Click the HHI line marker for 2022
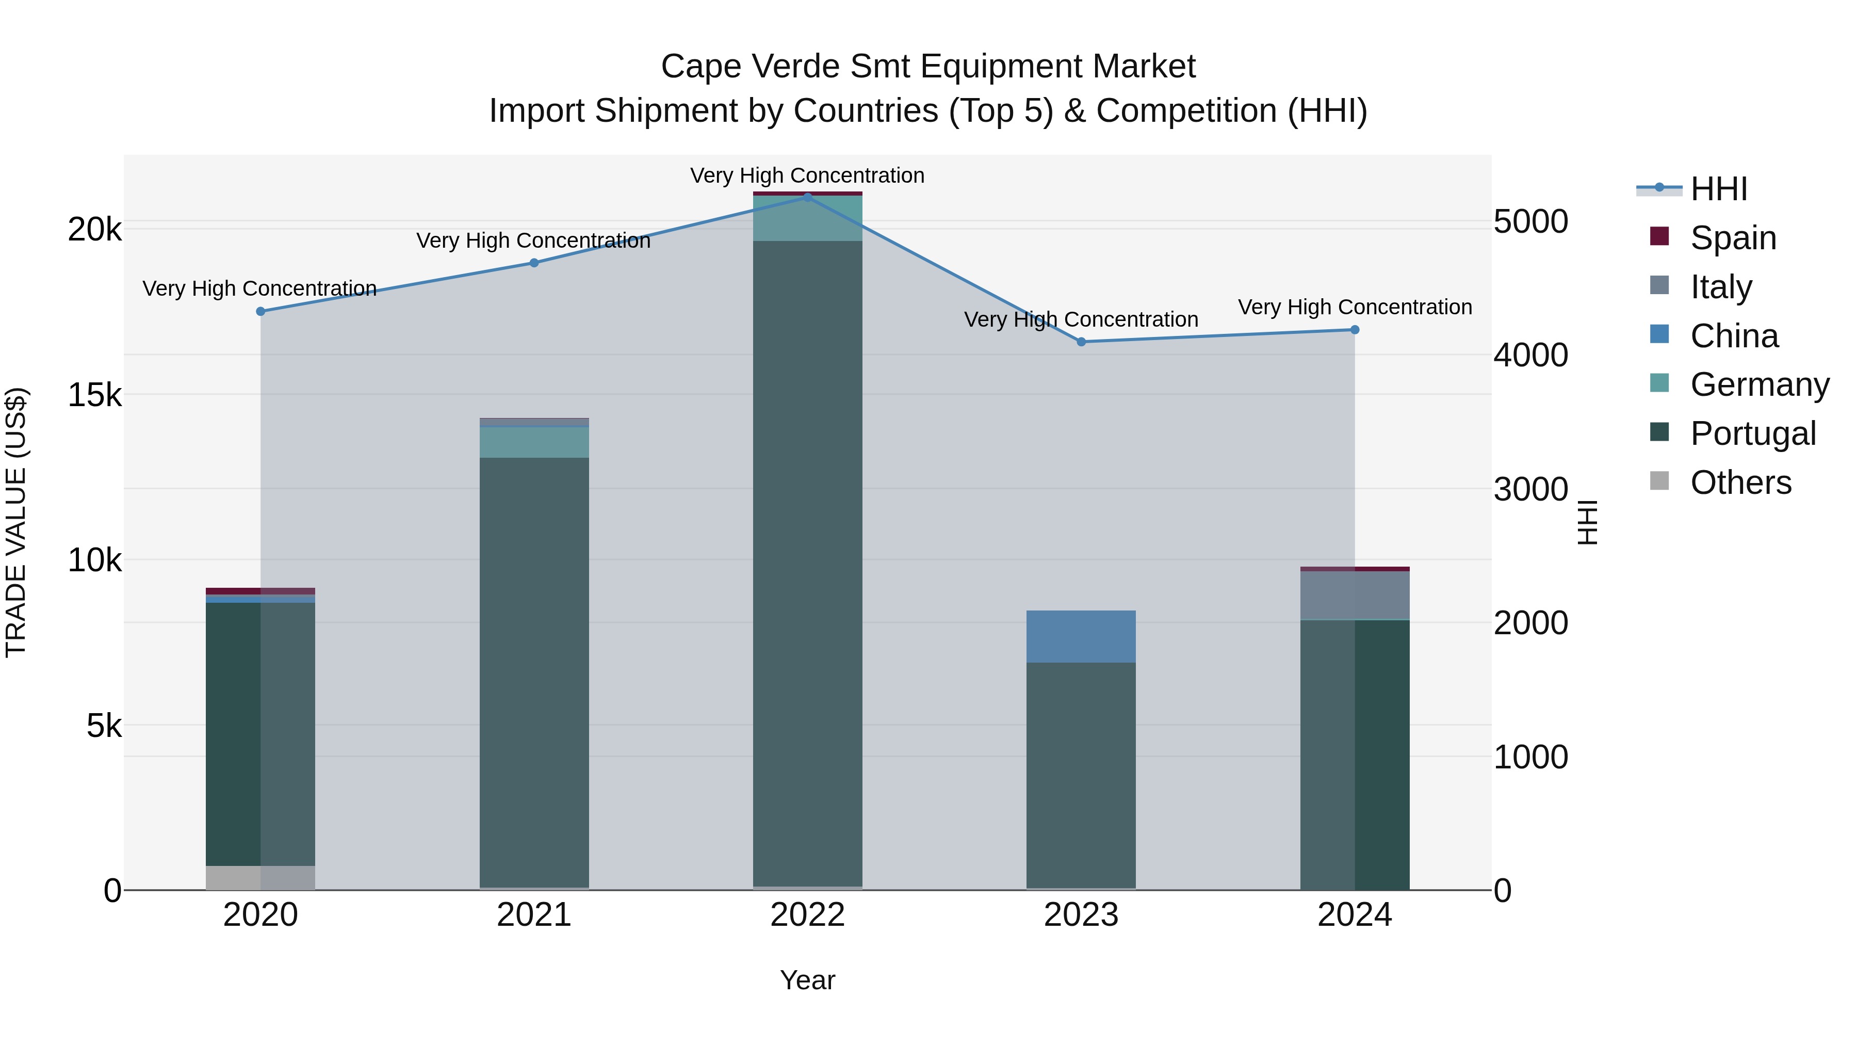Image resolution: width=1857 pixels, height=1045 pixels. click(807, 196)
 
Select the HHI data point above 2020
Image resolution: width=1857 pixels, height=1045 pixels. click(261, 312)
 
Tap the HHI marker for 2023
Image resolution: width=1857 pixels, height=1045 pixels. click(1081, 342)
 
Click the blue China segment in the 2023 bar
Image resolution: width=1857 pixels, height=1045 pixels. click(1081, 636)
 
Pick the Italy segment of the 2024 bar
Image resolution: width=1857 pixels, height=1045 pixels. click(1355, 595)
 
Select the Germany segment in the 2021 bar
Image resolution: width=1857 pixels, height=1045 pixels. click(534, 442)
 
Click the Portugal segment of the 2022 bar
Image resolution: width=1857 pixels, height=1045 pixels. click(807, 562)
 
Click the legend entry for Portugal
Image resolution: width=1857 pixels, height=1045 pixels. click(1752, 433)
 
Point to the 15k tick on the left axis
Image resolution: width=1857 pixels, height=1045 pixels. click(94, 395)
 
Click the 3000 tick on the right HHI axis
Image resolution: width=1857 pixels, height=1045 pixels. click(1530, 490)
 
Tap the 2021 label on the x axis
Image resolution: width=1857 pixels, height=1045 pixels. click(534, 915)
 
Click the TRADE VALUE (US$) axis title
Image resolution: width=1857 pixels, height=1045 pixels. click(16, 522)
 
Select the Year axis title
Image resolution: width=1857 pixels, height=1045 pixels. click(807, 980)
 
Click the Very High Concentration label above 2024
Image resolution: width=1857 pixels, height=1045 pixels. click(1355, 307)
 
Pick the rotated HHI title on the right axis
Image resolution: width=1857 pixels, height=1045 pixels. click(1587, 522)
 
